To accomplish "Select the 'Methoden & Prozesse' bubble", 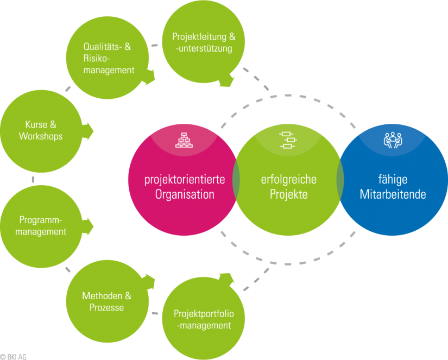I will (106, 302).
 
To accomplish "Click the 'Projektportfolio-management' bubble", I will (202, 319).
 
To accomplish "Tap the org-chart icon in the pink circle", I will (182, 141).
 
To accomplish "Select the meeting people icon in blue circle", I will (393, 141).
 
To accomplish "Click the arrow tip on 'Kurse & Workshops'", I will (91, 131).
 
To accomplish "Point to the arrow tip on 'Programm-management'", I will (91, 225).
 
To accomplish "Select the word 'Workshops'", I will (41, 136).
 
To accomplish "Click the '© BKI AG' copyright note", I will (13, 356).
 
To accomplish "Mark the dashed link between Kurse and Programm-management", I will (33, 179).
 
